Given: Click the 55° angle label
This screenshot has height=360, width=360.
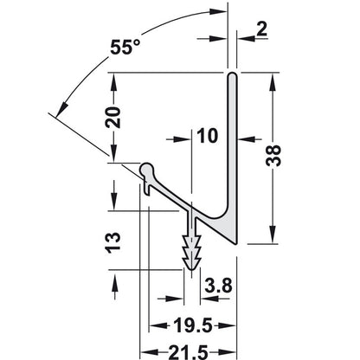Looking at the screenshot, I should click(x=126, y=49).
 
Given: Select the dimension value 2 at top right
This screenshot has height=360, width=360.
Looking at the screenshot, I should click(x=262, y=30).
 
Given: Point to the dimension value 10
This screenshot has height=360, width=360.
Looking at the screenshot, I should click(x=208, y=135).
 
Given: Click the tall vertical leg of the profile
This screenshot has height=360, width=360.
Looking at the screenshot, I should click(x=233, y=147).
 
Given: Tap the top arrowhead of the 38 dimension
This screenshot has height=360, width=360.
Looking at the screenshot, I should click(x=275, y=80).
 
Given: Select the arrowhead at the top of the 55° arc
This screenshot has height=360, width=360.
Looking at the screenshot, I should click(x=207, y=11).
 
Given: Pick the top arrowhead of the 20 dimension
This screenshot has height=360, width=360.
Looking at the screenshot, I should click(x=112, y=80).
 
